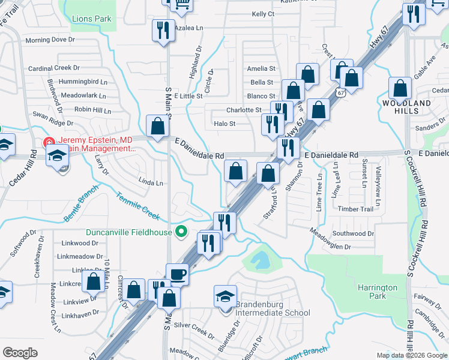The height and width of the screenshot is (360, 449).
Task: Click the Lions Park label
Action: [91, 19]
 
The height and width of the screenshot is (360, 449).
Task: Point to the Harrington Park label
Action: [378, 292]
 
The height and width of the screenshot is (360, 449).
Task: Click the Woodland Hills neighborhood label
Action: [406, 107]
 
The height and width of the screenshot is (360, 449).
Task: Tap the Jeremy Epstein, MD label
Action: [88, 140]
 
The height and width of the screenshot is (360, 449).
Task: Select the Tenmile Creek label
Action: [138, 204]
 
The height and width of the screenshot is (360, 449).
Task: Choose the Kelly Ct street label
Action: [263, 14]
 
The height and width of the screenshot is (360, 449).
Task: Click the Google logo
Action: [20, 353]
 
